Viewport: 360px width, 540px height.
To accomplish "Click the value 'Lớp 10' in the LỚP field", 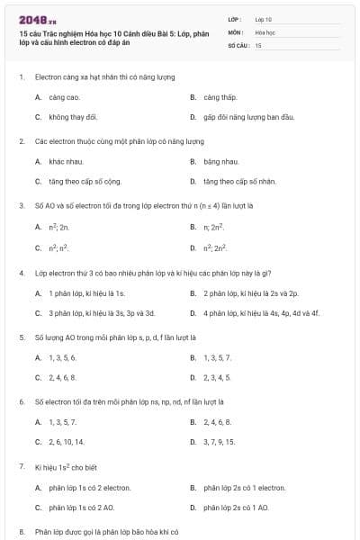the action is (x=264, y=18).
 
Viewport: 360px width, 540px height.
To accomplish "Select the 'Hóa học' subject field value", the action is (x=265, y=31).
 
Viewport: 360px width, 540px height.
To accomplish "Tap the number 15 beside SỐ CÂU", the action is (x=258, y=45).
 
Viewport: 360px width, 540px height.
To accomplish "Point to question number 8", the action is (x=21, y=532).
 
